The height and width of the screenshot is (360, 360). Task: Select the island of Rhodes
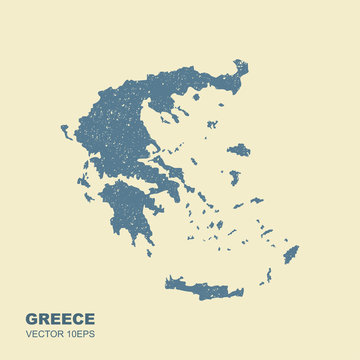coord(291,254)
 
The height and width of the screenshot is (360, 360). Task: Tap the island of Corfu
coord(65,131)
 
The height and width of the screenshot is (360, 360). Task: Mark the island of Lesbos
coord(239,150)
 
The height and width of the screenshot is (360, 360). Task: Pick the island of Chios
coord(235,178)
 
